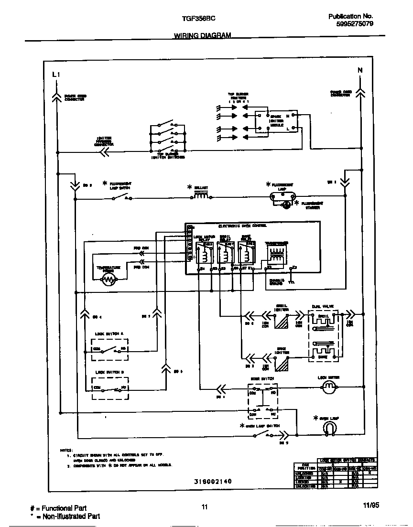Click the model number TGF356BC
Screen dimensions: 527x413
click(198, 18)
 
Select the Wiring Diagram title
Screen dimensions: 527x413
click(202, 36)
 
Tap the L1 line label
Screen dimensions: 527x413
click(56, 75)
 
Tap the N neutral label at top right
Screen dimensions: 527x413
click(360, 70)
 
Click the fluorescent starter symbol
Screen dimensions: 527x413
click(286, 205)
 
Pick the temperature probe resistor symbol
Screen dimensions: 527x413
click(109, 281)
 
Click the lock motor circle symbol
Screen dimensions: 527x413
click(328, 388)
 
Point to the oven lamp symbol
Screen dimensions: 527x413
click(328, 430)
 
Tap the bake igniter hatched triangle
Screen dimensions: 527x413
click(283, 364)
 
